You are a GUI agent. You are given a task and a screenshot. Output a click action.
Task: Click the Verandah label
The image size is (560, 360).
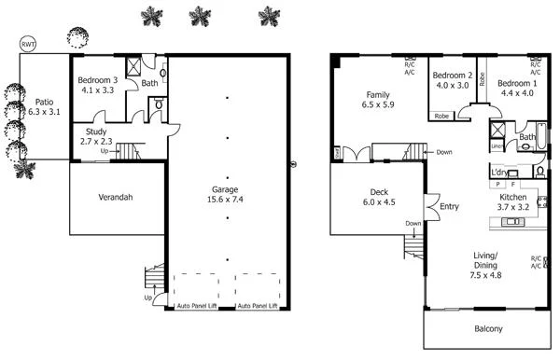tap(118, 198)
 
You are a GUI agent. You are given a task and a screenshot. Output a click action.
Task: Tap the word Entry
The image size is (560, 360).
tap(450, 207)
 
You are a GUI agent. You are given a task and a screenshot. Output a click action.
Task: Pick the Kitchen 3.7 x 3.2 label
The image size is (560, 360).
tap(513, 203)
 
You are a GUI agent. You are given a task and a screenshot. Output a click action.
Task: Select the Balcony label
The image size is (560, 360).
tap(487, 328)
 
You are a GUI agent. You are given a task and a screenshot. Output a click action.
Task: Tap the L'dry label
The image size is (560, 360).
tap(498, 172)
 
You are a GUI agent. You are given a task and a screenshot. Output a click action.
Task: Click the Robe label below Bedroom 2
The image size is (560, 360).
tap(440, 117)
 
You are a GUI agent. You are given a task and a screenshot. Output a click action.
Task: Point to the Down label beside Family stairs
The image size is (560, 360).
tap(443, 152)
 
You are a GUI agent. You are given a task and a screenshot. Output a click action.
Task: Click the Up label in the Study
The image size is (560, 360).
tap(105, 150)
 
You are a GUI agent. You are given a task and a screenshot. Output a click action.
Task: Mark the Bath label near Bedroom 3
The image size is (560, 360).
tap(148, 84)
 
